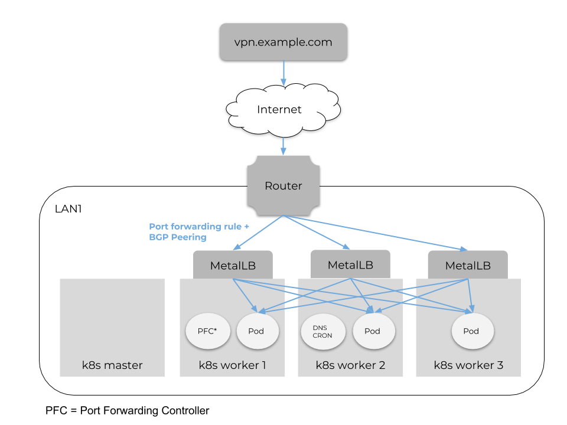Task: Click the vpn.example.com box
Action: [283, 42]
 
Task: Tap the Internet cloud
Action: [279, 110]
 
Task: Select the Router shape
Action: [283, 186]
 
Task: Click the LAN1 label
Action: [68, 208]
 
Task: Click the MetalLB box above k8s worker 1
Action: [233, 265]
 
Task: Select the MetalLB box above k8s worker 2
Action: [350, 264]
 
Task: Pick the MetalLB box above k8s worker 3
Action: [468, 265]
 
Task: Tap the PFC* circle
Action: [207, 331]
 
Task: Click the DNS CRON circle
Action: [322, 331]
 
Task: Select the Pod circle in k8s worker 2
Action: [372, 331]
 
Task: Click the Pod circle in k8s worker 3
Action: [471, 331]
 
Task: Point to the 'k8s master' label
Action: [112, 365]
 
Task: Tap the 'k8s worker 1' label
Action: [232, 365]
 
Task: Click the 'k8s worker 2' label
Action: [350, 365]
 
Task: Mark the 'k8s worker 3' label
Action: [468, 365]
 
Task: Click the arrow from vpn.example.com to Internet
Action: [283, 72]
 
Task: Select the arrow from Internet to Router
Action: [283, 145]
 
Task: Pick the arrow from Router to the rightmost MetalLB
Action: [378, 233]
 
